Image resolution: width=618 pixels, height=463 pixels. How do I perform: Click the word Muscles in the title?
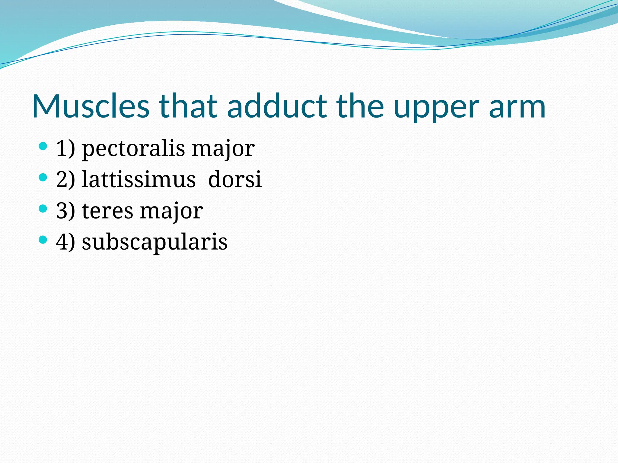(x=91, y=106)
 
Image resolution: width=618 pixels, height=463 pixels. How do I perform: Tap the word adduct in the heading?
(x=277, y=106)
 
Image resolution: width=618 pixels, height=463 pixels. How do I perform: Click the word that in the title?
(x=188, y=106)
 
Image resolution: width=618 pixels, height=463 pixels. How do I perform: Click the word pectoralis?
(x=133, y=149)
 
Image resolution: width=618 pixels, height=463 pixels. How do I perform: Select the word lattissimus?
(x=139, y=180)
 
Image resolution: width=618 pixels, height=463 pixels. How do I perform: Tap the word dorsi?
(x=235, y=180)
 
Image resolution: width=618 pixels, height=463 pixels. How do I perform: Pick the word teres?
(x=107, y=211)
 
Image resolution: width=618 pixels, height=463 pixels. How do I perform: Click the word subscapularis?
(x=154, y=242)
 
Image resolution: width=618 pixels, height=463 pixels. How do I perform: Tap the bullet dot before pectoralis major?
(x=43, y=147)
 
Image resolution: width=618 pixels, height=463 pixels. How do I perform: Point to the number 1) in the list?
(x=65, y=148)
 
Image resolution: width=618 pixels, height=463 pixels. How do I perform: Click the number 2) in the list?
(x=65, y=180)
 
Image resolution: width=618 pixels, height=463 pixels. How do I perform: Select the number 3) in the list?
(x=65, y=211)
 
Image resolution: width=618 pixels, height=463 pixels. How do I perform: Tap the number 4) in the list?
(x=65, y=242)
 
